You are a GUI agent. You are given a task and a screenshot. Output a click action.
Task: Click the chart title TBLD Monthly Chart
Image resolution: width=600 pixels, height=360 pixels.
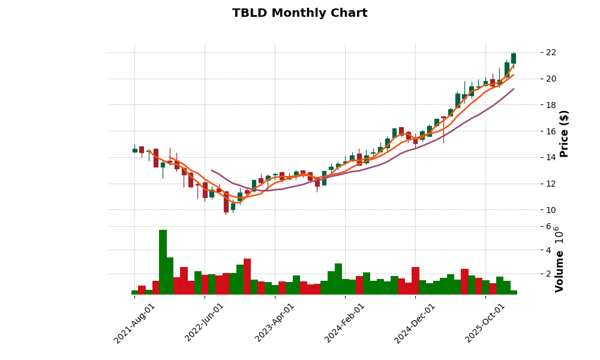[299, 13]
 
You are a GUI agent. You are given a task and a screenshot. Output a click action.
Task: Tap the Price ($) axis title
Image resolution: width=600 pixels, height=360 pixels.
[564, 133]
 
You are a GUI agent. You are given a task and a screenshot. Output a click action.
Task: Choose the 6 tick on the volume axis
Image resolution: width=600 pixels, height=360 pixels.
[548, 226]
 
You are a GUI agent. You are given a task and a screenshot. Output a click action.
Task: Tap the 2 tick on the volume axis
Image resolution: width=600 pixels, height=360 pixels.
[548, 274]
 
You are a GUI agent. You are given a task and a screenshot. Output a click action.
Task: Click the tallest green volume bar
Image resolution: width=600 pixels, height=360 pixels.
[163, 262]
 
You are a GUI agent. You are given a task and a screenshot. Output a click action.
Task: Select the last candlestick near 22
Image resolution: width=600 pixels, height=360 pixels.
[514, 58]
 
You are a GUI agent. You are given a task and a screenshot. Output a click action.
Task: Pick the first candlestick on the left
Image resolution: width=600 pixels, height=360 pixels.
[134, 150]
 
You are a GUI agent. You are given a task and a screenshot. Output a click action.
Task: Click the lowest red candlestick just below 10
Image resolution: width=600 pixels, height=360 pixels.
[226, 202]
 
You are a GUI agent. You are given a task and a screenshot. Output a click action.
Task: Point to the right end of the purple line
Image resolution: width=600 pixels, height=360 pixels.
[513, 89]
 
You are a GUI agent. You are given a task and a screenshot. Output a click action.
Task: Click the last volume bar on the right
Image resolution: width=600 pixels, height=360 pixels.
[514, 292]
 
